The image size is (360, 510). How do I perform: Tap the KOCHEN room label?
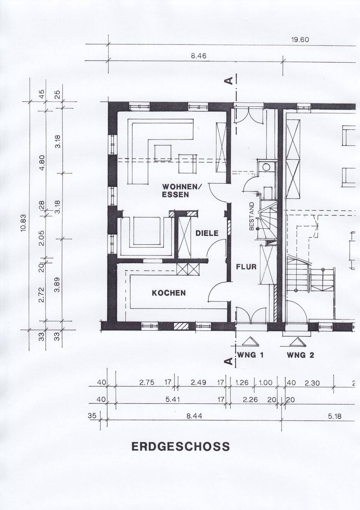pos(168,293)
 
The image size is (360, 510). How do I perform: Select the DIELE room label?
pos(207,233)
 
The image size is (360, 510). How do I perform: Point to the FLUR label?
pos(246,267)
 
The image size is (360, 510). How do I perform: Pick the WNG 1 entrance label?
pos(250,355)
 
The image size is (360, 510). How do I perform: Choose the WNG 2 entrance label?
pos(301,355)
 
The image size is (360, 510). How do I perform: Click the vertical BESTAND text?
pos(251,216)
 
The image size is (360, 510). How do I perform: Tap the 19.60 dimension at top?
pos(300,40)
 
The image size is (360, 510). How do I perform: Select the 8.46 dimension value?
pos(199,56)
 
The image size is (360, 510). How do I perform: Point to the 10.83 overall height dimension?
pos(24,223)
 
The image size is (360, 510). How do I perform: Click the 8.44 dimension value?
pos(194,416)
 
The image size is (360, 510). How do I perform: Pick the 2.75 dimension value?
pos(147,382)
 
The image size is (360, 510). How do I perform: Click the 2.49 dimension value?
pos(199,382)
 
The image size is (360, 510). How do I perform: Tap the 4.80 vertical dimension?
pos(42,163)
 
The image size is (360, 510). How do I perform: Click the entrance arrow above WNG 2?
pos(297,342)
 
